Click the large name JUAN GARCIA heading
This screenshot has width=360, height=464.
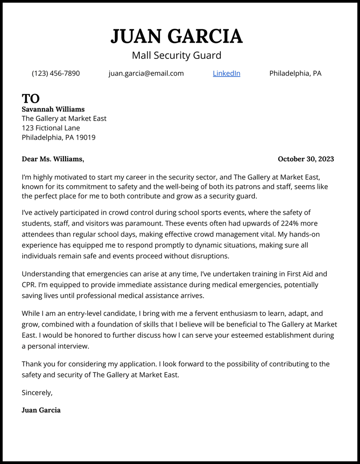coord(176,36)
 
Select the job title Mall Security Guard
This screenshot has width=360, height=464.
coord(176,55)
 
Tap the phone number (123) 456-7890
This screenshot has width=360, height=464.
coord(56,73)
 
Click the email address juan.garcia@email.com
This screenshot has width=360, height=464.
coord(146,73)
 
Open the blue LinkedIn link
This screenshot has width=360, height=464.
coord(226,73)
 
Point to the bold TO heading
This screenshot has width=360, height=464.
coord(31,98)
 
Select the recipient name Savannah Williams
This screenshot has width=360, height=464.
coord(53,109)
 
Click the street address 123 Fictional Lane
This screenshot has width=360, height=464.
coord(51,128)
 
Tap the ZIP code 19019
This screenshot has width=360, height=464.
coord(85,137)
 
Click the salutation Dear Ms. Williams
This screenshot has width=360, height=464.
coord(52,159)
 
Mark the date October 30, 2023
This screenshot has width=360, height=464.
coord(305,159)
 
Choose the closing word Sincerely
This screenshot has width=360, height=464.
coord(37,393)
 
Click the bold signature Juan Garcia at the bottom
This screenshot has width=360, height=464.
coord(41,410)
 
